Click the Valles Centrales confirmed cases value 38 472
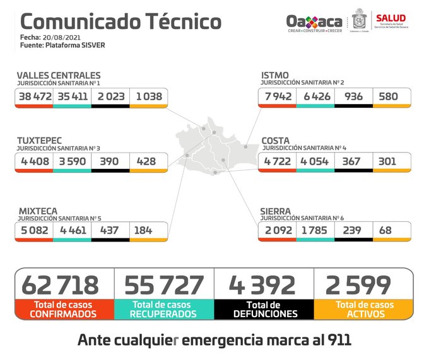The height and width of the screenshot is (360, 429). [34, 97]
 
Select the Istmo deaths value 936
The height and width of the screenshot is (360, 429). [353, 97]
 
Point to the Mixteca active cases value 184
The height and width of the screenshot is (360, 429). [143, 230]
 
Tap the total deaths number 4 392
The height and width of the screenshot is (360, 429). [263, 285]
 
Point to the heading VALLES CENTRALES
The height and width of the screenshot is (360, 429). [59, 76]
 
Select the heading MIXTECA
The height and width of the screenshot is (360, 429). [37, 211]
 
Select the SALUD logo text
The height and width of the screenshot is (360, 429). [391, 18]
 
